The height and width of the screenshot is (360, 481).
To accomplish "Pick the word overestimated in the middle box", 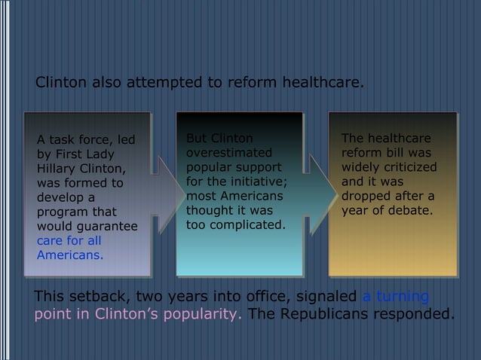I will click(x=227, y=152).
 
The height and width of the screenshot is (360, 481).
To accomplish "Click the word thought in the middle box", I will click(x=207, y=210).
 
